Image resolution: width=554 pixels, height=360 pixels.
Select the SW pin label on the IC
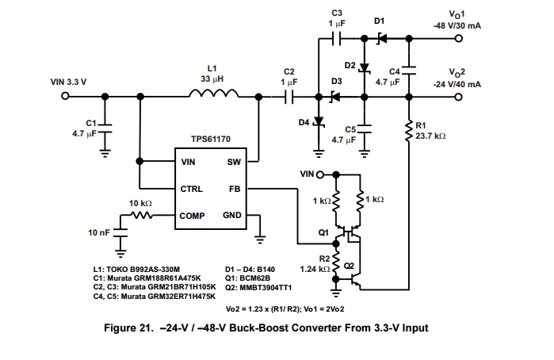234,162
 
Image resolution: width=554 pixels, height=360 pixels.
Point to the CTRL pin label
192,189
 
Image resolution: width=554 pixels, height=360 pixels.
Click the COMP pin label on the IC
193,215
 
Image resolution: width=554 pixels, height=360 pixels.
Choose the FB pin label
235,189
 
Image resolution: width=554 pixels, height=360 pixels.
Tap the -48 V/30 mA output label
457,26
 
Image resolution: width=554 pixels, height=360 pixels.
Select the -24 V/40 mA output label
457,83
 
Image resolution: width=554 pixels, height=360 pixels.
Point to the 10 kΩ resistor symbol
141,215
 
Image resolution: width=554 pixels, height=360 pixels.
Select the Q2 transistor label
352,265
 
